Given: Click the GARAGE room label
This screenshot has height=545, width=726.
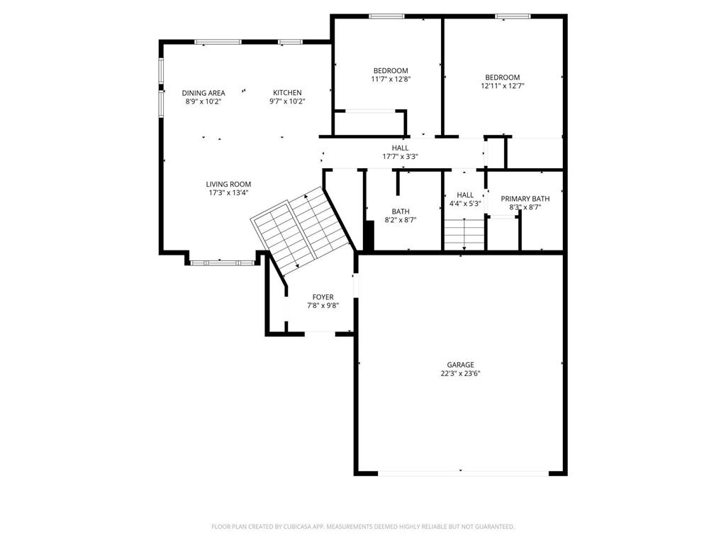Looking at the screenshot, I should coord(460,365).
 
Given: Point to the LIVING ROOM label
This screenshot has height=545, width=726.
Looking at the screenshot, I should coord(228,185).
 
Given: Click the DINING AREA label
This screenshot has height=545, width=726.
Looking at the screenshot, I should coord(203,93).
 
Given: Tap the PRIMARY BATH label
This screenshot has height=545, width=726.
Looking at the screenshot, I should coord(525,199).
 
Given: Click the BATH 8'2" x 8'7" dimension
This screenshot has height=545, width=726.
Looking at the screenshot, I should coord(400,220).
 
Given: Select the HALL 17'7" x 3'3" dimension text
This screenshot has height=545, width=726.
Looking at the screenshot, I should coord(400,157).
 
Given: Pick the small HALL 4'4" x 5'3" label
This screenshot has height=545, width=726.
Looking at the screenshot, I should coord(465,195).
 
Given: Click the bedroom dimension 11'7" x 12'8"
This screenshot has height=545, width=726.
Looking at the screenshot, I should coord(391,79).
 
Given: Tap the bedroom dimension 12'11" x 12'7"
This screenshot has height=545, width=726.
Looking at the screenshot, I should coord(502,87).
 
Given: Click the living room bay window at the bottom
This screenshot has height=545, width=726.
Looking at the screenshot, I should coord(222,263).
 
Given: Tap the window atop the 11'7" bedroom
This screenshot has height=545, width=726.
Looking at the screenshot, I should coord(386,16).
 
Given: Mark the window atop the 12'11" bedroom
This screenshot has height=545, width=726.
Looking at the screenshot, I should coord(513,16).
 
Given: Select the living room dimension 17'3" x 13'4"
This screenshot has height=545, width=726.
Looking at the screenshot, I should coord(228,192).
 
